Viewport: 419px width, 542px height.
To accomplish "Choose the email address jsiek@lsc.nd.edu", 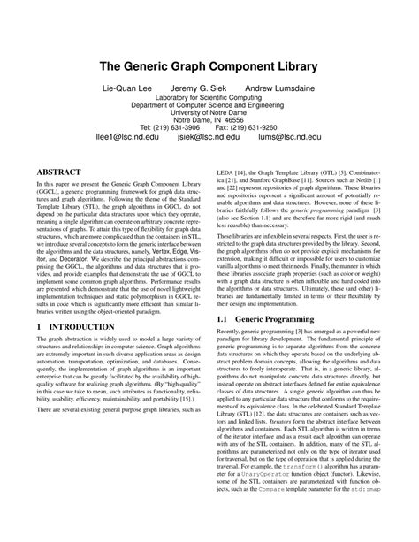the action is click(x=209, y=138).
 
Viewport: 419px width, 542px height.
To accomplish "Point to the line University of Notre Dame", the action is click(x=209, y=112).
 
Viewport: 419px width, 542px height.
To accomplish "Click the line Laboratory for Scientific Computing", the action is click(x=209, y=97).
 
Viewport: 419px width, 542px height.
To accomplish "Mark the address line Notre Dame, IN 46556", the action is click(x=209, y=119).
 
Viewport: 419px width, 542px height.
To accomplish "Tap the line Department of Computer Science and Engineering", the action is click(x=209, y=104).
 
